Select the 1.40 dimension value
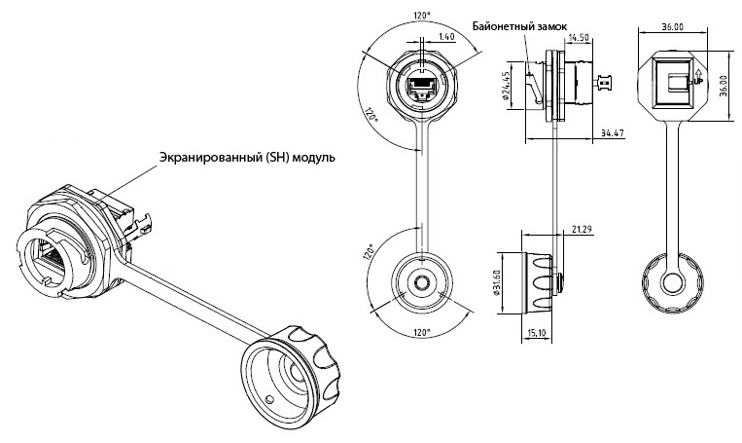pos(447,36)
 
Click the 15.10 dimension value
pos(535,334)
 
